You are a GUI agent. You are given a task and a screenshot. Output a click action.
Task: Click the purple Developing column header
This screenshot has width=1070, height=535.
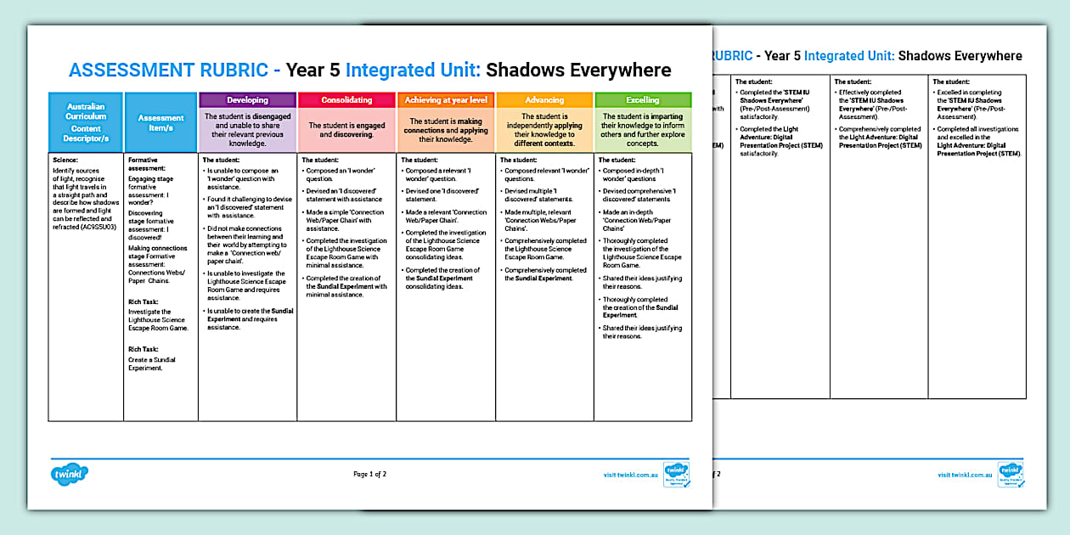coord(247,100)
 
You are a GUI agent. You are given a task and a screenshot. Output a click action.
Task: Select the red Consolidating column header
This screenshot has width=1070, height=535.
coord(346,100)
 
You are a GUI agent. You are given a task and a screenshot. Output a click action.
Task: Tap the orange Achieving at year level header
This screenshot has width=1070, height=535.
coord(446,100)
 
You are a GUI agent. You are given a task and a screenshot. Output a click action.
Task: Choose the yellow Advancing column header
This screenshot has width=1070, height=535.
coord(544,100)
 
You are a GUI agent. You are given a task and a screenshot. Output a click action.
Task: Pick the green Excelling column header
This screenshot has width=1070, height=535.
coord(643,100)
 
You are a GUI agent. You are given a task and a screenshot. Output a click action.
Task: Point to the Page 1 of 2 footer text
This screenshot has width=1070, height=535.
coord(369,474)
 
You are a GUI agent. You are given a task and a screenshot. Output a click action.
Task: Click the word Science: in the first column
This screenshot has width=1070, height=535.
coord(65,160)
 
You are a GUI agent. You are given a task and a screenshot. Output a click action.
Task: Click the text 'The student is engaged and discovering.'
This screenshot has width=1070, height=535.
coord(346,130)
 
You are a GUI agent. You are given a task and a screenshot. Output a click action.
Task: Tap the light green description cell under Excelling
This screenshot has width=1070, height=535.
coord(643,130)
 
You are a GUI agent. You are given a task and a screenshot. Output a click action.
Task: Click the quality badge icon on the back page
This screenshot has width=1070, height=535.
coord(1010,473)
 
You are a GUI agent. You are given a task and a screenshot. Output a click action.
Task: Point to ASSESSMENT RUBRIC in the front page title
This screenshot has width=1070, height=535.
coord(174,70)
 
